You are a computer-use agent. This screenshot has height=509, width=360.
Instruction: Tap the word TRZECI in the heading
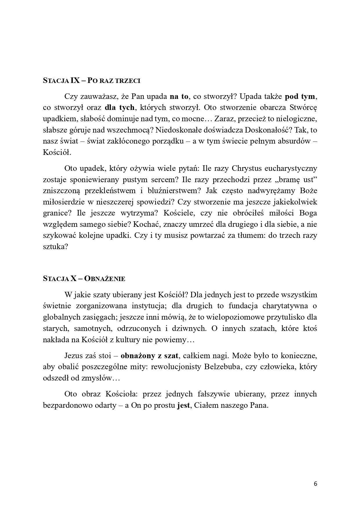point(128,81)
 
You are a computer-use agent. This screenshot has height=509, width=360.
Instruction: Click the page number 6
point(316,484)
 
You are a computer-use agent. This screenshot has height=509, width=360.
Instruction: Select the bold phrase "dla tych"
point(120,107)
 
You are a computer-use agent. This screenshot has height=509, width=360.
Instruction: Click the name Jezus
point(74,356)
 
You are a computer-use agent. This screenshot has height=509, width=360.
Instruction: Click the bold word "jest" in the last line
point(183,405)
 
